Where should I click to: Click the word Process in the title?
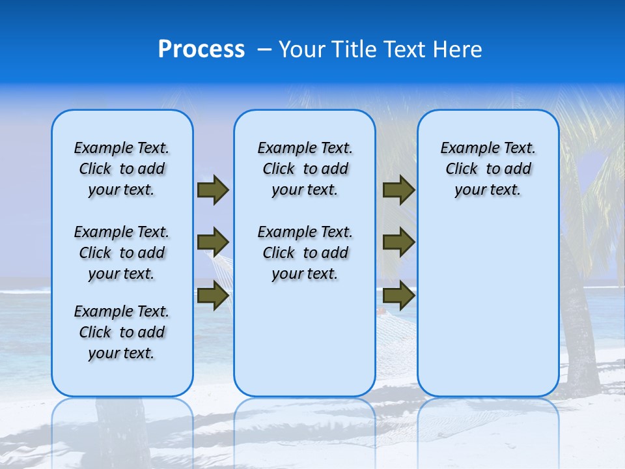(x=201, y=50)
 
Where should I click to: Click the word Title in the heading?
(x=355, y=50)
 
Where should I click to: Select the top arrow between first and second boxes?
(x=213, y=190)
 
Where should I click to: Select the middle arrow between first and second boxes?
(x=213, y=243)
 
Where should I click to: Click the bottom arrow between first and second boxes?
(x=213, y=296)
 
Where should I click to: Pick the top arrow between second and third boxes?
(x=398, y=190)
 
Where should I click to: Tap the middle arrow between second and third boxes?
(x=398, y=243)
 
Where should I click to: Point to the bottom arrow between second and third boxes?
(x=398, y=296)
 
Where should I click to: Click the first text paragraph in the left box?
(x=122, y=169)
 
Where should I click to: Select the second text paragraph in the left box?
(x=122, y=253)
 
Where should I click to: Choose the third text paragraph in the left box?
(x=122, y=332)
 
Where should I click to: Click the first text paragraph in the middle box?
(x=305, y=169)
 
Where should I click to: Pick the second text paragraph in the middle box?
(x=305, y=253)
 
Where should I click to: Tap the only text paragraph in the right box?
(x=488, y=169)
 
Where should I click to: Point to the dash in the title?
(x=264, y=50)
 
